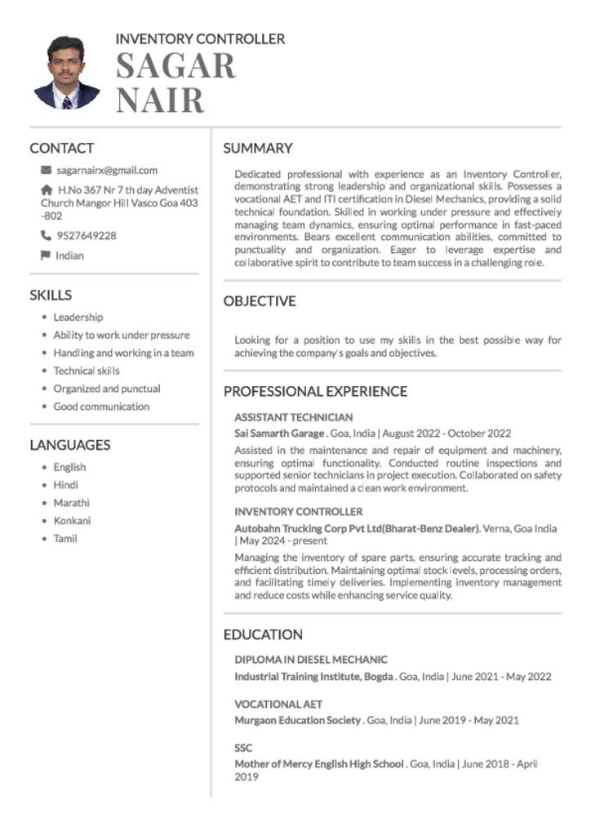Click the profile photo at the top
click(67, 73)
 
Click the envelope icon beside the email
click(46, 171)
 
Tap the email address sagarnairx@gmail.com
click(107, 171)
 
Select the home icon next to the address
click(46, 189)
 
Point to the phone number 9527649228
click(87, 236)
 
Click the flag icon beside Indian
click(46, 256)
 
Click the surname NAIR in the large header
click(160, 100)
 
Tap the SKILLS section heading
click(51, 296)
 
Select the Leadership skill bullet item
click(78, 317)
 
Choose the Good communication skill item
click(101, 407)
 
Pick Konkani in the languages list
click(72, 521)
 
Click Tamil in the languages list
click(65, 539)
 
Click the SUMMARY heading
click(258, 149)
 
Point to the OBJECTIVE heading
click(260, 301)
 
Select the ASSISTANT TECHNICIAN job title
click(294, 417)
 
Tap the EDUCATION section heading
click(263, 634)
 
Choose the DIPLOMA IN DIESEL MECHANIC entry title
click(311, 660)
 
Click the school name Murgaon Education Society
click(298, 720)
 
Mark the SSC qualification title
click(243, 748)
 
